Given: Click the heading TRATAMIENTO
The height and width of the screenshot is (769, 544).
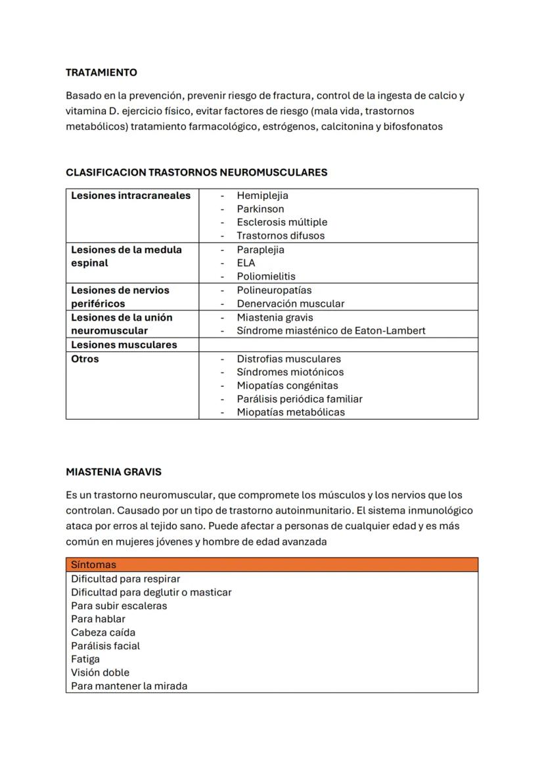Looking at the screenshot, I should click(101, 72).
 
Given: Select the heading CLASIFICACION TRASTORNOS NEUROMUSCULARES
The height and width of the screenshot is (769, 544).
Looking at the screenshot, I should click(196, 172).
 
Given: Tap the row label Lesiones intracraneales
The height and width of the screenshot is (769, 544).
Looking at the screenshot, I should click(131, 195).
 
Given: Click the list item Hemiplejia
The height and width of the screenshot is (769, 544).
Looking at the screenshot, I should click(262, 195).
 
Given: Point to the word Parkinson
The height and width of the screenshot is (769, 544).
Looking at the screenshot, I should click(260, 209).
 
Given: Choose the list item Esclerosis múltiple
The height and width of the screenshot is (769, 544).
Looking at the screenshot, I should click(282, 222).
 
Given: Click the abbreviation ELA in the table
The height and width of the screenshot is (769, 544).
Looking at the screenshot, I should click(246, 263).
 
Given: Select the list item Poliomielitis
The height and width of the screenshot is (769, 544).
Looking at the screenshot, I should click(266, 276).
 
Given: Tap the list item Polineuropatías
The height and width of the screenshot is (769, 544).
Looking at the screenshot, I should click(274, 290).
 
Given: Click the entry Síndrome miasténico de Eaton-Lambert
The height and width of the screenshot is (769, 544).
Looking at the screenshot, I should click(331, 330).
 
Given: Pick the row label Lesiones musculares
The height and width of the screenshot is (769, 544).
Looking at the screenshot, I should click(124, 344).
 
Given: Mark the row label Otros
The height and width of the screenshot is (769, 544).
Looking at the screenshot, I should click(85, 359).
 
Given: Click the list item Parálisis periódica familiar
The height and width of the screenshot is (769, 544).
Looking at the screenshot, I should click(300, 399).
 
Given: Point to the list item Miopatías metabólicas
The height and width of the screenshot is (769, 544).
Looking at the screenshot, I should click(290, 412).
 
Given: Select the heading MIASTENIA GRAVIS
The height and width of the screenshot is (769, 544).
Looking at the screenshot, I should click(114, 472).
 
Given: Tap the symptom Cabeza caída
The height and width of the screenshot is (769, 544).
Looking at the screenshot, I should click(103, 632).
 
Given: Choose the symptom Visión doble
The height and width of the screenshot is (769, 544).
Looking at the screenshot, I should click(100, 672).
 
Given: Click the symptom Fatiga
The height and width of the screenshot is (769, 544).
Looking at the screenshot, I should click(85, 659).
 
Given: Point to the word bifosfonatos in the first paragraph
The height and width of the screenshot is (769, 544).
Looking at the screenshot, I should click(414, 126).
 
